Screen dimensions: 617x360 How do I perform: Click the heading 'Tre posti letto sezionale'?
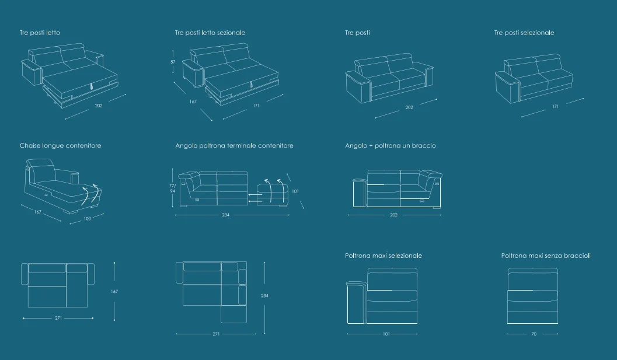point(210,33)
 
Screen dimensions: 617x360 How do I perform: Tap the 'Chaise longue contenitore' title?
point(60,145)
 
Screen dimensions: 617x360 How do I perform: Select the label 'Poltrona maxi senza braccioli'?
point(546,256)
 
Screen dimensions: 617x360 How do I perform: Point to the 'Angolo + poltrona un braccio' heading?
point(391,145)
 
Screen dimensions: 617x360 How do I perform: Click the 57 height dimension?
point(173,62)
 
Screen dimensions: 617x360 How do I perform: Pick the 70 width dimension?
point(534,334)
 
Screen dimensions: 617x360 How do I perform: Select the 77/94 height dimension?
point(172,188)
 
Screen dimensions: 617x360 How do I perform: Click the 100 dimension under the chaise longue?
point(87,219)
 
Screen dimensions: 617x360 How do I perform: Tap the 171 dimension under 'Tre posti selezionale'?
point(555,106)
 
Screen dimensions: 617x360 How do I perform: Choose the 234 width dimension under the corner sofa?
point(225,215)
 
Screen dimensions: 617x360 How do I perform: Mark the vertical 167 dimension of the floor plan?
point(114,292)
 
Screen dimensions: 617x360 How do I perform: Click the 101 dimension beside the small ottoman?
point(295,191)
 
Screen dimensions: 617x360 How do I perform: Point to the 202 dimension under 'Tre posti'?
point(409,107)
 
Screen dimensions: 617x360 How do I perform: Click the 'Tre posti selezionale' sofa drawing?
point(534,79)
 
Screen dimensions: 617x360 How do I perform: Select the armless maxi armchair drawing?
point(533,296)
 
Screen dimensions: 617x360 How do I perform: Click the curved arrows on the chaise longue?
point(90,195)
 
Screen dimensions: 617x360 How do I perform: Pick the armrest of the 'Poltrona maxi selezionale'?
point(357,302)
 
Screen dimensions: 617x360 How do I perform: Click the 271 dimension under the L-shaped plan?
point(216,334)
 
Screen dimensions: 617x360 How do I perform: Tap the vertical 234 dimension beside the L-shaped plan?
point(264,296)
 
